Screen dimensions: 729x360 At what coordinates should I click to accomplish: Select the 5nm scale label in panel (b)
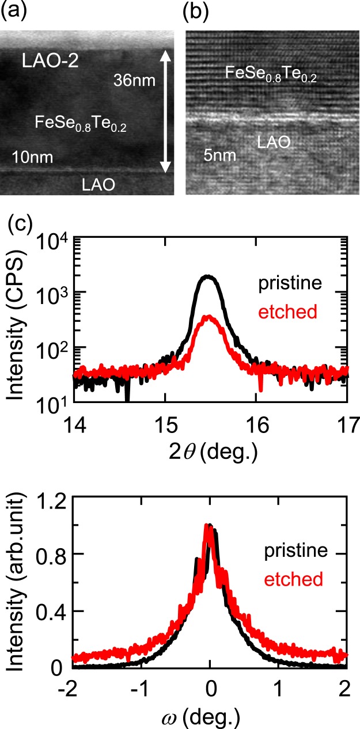[x=221, y=155]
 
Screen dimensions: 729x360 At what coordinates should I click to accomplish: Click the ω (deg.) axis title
[x=210, y=715]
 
